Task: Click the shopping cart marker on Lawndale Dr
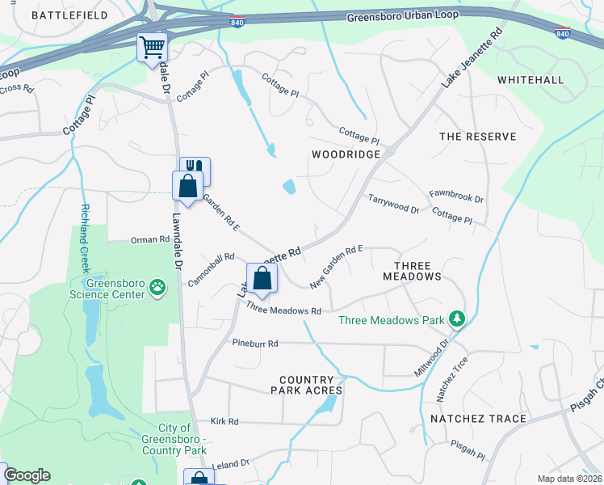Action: point(151,48)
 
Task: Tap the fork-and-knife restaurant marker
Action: point(195,170)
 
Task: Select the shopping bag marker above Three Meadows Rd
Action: point(262,280)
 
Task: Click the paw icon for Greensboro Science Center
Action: point(158,286)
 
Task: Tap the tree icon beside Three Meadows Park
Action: point(457,319)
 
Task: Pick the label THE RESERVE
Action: point(477,137)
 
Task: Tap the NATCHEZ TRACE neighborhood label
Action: point(478,419)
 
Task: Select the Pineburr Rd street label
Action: point(254,343)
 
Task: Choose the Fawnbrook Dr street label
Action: point(455,197)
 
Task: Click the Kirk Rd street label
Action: point(224,421)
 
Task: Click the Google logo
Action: point(27,475)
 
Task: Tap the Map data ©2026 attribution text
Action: point(569,479)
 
